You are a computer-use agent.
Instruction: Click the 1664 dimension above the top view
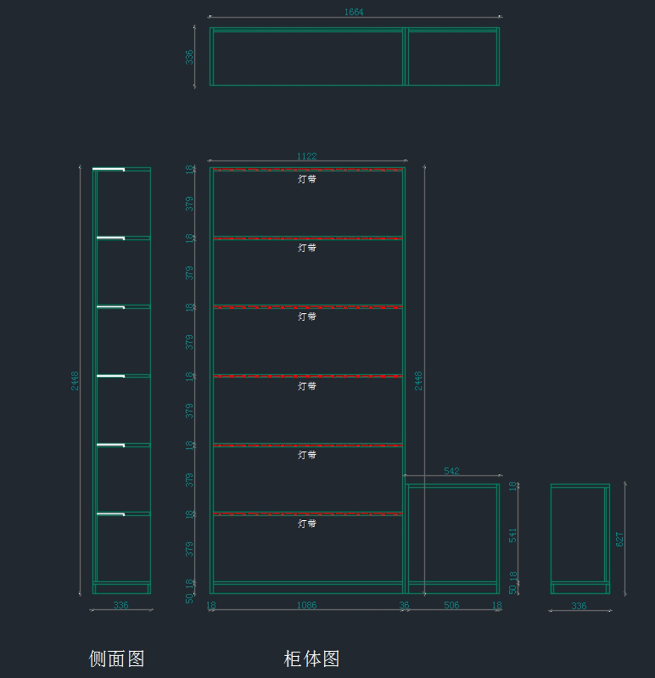point(353,12)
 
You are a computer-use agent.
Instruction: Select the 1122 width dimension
point(307,156)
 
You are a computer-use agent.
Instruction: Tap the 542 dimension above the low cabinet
point(451,471)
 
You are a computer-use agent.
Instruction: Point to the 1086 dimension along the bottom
point(307,605)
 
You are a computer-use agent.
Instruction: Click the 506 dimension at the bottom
point(451,605)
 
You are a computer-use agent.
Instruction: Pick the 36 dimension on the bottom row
point(404,605)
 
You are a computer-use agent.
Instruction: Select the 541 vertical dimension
point(513,535)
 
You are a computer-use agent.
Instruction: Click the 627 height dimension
point(620,539)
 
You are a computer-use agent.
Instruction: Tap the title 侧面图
point(117,658)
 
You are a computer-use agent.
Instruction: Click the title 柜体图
point(312,658)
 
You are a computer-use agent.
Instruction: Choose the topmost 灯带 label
point(307,179)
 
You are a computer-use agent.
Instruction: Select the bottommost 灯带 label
point(307,524)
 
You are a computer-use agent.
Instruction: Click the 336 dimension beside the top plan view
point(189,57)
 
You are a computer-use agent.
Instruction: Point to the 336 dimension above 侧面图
point(121,605)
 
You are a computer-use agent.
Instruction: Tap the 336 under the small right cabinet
point(579,606)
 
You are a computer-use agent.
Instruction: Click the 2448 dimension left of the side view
point(75,380)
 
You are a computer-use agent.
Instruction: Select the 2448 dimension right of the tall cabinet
point(418,380)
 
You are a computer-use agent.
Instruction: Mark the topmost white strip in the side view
point(109,169)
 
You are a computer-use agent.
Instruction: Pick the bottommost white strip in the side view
point(111,514)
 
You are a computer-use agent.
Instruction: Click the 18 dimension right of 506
point(497,605)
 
